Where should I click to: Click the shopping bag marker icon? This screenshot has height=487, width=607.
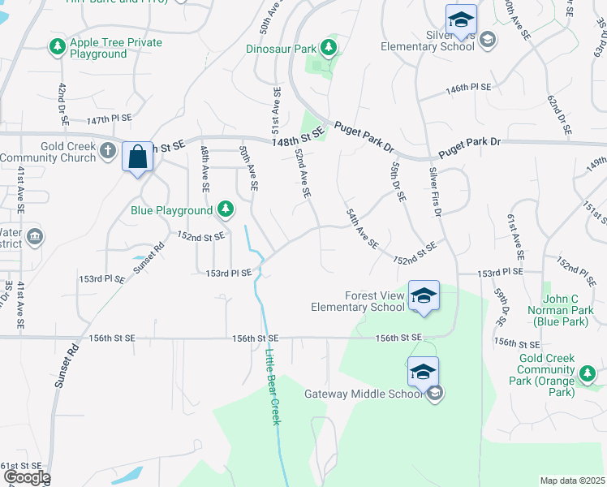(138, 155)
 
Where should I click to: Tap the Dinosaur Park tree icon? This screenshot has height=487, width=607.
(328, 49)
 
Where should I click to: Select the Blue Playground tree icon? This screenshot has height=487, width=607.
(226, 211)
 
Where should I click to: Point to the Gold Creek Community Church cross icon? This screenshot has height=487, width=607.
(107, 149)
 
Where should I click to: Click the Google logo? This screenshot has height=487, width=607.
(26, 477)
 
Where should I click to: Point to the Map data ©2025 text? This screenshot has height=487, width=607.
(572, 481)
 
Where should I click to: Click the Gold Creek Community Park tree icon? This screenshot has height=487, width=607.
(587, 373)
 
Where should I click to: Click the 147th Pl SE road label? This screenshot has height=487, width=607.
(109, 119)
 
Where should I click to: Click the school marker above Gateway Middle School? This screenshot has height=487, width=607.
(424, 371)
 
